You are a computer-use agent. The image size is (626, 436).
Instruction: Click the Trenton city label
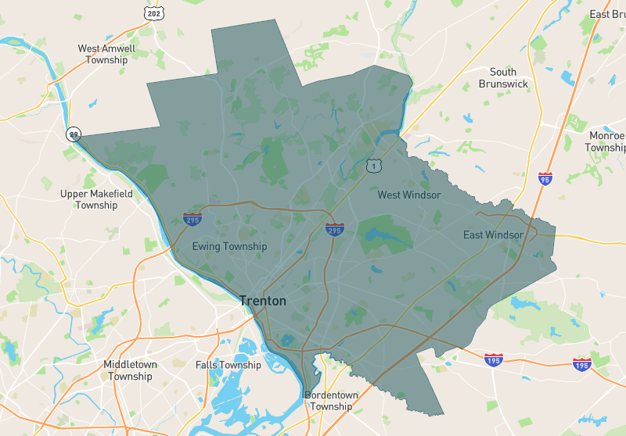click(263, 301)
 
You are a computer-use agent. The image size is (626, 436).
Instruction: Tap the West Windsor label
click(409, 195)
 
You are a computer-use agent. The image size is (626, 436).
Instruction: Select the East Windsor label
click(493, 235)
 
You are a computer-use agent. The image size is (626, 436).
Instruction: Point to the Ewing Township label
click(229, 247)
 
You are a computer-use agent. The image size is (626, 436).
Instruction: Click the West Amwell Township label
click(106, 54)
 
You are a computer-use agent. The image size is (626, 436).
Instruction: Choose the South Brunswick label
click(503, 78)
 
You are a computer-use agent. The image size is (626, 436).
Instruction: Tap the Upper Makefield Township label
click(96, 199)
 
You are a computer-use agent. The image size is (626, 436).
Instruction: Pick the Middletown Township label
click(130, 370)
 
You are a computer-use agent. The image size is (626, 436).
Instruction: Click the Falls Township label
click(228, 365)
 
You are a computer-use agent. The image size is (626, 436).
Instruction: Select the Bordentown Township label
click(331, 401)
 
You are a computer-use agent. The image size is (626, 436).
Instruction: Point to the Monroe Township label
click(606, 141)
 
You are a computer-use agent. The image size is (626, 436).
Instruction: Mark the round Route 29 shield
click(74, 134)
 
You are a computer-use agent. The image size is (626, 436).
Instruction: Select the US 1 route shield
click(373, 165)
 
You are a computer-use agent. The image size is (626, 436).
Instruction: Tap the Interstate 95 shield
click(545, 179)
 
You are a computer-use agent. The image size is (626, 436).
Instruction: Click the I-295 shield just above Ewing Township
click(192, 219)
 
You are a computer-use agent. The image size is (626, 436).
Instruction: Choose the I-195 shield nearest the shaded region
click(493, 360)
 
